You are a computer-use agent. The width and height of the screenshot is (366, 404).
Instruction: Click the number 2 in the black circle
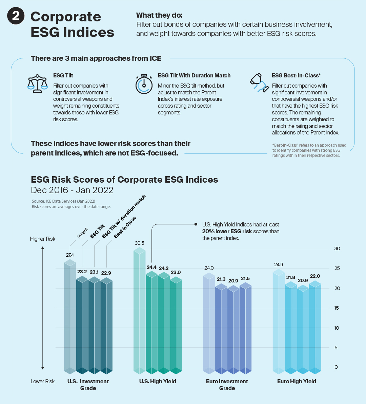pos(16,16)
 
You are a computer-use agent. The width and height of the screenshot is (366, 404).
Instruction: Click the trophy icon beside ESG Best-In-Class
pos(259,82)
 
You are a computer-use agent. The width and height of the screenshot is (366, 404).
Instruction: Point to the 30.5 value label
pos(139,243)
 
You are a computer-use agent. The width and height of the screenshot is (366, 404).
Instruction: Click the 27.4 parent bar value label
pos(70,255)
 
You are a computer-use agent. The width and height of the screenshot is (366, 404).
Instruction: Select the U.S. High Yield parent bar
pos(139,309)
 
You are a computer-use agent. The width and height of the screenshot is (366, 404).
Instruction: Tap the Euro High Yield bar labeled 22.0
pos(315,326)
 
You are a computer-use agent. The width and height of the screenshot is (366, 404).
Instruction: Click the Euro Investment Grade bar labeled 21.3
pos(221,328)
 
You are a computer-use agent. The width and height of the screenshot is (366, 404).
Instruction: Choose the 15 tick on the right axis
pos(337,308)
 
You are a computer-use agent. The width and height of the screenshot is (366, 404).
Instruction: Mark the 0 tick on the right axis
pos(336,367)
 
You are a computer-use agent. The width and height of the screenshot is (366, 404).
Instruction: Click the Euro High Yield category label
pos(297,381)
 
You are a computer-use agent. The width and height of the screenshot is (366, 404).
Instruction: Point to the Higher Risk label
pos(42,239)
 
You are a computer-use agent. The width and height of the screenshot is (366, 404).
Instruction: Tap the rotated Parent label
pos(82,233)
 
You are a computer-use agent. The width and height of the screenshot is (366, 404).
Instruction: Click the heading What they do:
pos(159,15)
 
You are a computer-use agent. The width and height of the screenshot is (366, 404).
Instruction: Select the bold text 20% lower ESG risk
pos(227,231)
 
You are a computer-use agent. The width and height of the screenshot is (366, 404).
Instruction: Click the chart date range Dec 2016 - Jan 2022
pos(72,190)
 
